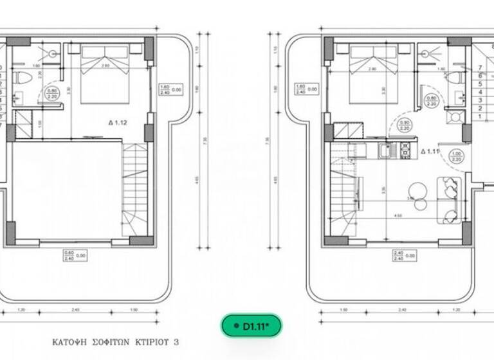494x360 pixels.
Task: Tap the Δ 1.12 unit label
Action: [x=120, y=122]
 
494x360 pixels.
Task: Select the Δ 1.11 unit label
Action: [x=430, y=152]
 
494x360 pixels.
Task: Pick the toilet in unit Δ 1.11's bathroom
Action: [x=457, y=78]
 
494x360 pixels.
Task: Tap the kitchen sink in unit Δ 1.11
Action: [x=387, y=152]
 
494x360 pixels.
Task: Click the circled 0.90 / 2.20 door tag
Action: [x=405, y=125]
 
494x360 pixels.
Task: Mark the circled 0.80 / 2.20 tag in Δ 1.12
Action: [x=53, y=95]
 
